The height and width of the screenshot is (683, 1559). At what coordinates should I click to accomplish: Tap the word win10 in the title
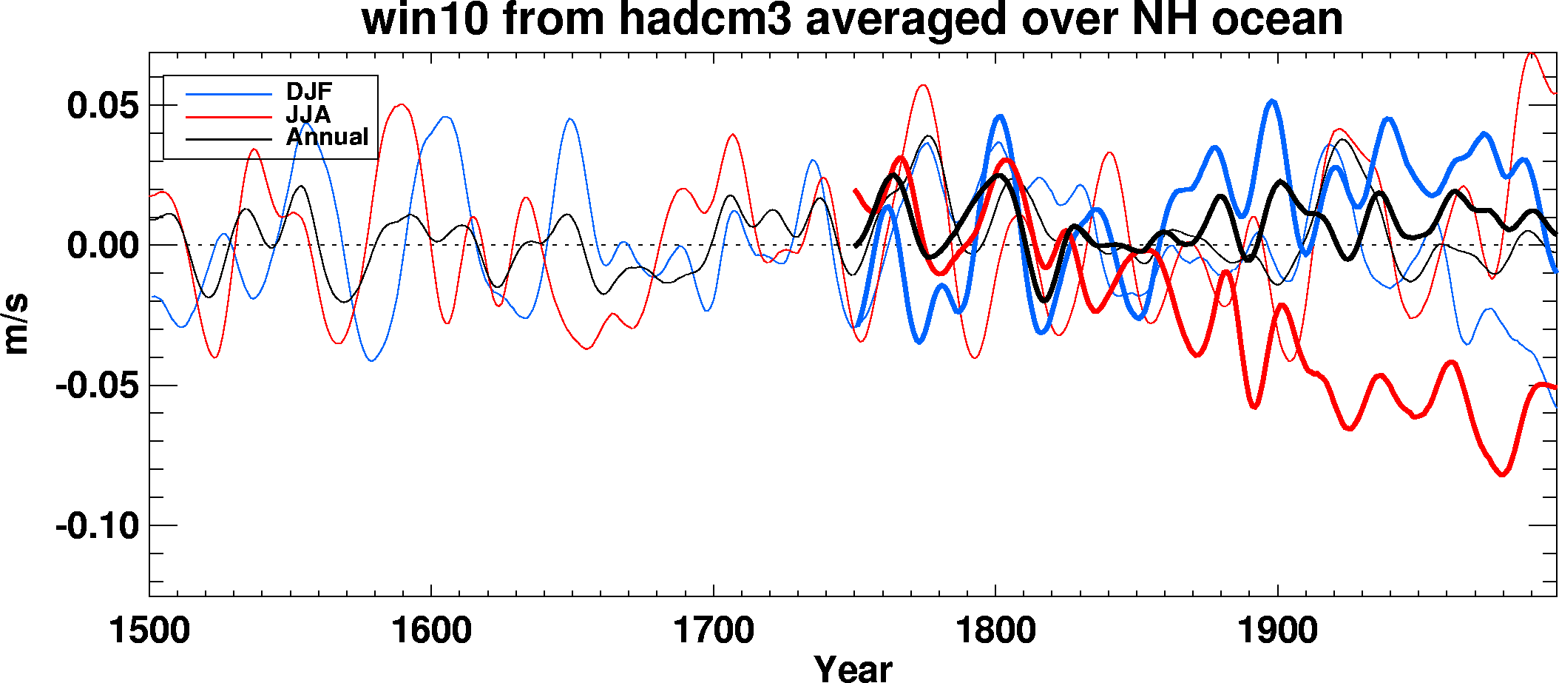(x=425, y=19)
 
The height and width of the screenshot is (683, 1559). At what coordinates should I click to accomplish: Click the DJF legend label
(x=309, y=92)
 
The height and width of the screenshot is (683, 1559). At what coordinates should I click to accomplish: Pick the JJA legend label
(x=308, y=115)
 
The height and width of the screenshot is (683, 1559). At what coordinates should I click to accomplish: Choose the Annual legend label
(x=327, y=137)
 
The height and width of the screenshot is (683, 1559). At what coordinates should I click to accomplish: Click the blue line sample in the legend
(x=229, y=94)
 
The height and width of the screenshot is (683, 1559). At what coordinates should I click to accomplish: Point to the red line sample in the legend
(x=229, y=116)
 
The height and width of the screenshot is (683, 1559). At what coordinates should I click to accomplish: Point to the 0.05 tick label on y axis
(x=103, y=106)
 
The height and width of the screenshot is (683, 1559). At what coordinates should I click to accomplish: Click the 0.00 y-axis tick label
(x=103, y=246)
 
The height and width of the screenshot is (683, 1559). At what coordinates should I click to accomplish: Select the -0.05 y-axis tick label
(x=97, y=386)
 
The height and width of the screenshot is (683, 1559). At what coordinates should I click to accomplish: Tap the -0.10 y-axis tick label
(x=97, y=526)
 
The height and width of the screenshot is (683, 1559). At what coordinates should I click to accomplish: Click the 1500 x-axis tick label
(x=149, y=631)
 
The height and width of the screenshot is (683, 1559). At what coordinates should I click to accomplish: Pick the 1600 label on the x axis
(x=431, y=631)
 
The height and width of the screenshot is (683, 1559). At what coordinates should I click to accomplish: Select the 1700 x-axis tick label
(x=714, y=631)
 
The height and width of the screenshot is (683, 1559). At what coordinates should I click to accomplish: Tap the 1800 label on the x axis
(x=996, y=631)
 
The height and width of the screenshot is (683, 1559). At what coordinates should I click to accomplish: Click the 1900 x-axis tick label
(x=1278, y=631)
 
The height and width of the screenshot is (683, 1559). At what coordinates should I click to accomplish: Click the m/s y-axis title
(x=16, y=323)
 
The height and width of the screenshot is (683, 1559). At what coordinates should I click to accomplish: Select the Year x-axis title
(x=853, y=668)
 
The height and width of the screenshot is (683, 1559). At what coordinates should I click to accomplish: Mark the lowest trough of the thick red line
(x=1502, y=474)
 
